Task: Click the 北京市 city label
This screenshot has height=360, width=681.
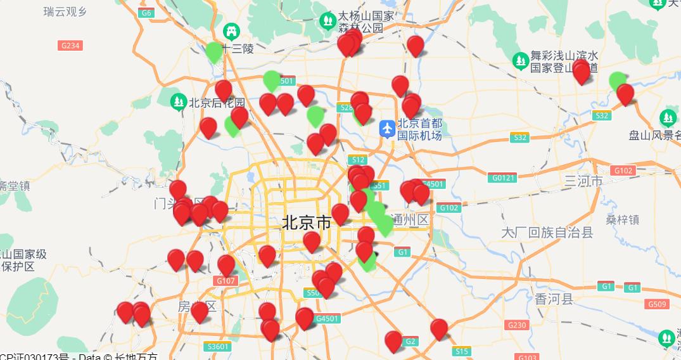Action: (306, 223)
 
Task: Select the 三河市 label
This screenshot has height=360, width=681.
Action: (583, 182)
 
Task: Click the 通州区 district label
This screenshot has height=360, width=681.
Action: (410, 220)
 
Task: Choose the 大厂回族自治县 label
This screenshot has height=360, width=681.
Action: (547, 232)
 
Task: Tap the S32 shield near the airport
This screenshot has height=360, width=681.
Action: (520, 138)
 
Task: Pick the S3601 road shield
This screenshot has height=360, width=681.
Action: (217, 347)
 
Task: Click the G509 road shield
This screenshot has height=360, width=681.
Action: (658, 304)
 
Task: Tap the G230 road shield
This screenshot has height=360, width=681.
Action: (516, 325)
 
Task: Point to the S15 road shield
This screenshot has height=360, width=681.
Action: (461, 351)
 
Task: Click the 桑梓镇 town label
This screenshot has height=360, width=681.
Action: (622, 220)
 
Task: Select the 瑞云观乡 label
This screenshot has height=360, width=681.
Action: (65, 11)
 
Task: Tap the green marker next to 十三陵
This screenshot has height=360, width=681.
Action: (214, 51)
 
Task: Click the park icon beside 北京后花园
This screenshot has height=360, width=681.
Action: (179, 101)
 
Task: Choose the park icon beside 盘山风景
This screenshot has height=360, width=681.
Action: (668, 118)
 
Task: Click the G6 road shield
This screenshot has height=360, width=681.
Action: (147, 13)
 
